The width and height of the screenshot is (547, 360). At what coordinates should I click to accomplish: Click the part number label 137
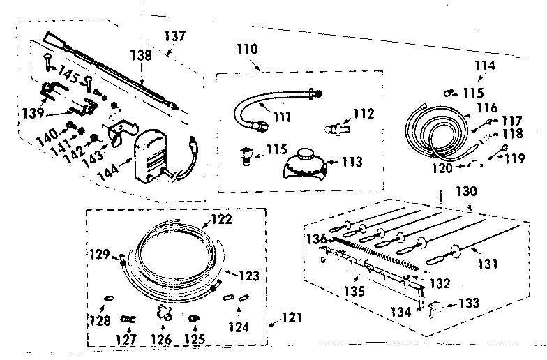point(174,36)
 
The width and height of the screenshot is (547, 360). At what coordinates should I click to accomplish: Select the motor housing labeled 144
point(151,157)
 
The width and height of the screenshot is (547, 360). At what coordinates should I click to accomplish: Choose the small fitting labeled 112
point(336,128)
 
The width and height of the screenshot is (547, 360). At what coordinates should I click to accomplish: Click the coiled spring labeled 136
point(377,254)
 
